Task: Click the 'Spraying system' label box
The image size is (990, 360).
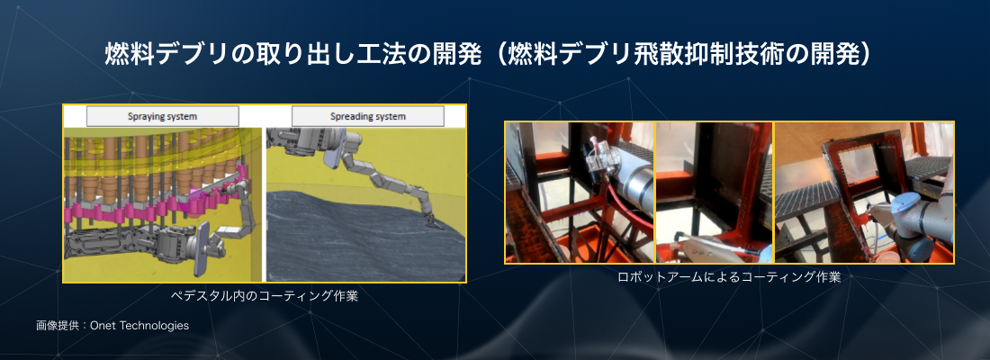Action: pos(162,116)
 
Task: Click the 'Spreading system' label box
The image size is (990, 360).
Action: pos(368,116)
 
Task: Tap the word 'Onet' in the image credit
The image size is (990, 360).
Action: pos(103,326)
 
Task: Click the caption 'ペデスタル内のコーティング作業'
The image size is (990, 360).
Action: pos(265,295)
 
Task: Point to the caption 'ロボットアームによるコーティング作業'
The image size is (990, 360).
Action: pos(729,276)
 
